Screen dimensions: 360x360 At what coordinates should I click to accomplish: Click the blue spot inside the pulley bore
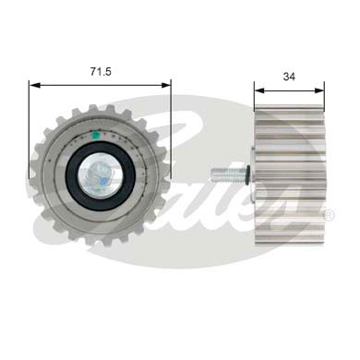(92, 175)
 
